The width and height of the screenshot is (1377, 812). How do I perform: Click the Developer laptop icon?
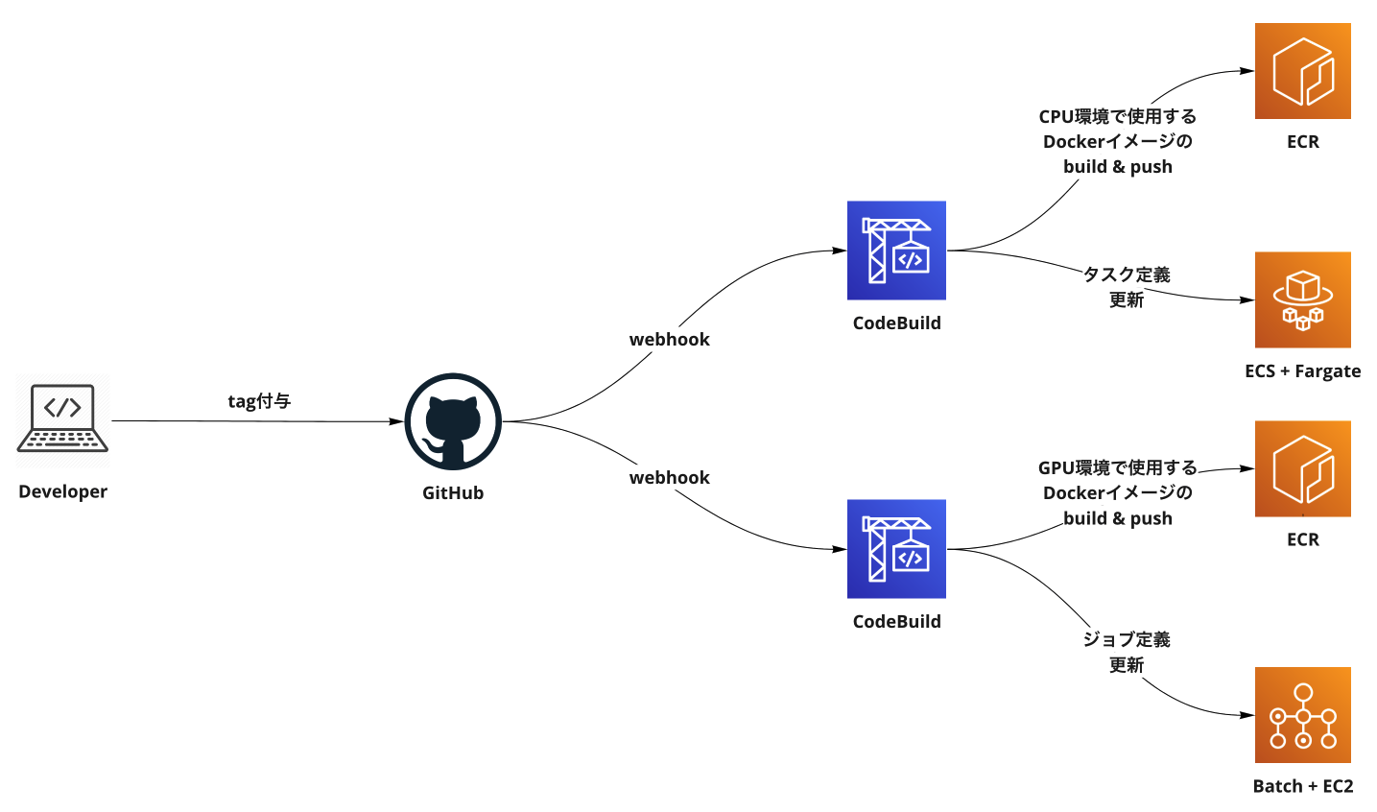[x=62, y=418]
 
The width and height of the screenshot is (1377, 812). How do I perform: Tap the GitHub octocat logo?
[x=453, y=421]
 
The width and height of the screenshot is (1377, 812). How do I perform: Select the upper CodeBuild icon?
[x=896, y=251]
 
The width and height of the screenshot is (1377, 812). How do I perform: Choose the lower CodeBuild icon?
[x=896, y=549]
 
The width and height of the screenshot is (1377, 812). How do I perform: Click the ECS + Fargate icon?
[x=1302, y=300]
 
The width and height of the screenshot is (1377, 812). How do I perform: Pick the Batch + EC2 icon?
[x=1302, y=715]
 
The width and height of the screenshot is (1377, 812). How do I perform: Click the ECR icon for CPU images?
[x=1302, y=71]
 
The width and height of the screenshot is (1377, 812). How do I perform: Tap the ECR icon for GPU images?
[x=1302, y=468]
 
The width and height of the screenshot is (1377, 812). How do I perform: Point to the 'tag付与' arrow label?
[x=259, y=401]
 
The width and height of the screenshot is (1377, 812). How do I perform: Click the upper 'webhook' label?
[x=670, y=340]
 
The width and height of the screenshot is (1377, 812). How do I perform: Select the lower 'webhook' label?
[x=670, y=478]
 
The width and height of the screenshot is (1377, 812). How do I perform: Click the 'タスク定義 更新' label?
[x=1127, y=287]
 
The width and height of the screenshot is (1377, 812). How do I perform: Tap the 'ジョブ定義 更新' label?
[x=1127, y=652]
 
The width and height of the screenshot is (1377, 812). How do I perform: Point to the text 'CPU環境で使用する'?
[x=1118, y=116]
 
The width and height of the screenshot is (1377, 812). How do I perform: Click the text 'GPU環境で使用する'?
[x=1118, y=467]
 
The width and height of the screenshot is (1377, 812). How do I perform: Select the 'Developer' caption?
[x=62, y=491]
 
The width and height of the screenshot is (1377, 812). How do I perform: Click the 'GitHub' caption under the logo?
[x=453, y=493]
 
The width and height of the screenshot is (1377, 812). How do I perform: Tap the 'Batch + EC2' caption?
[x=1303, y=786]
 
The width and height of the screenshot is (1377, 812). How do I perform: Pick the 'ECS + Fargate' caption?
[x=1302, y=371]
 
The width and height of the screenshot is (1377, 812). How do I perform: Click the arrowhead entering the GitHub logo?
[x=397, y=421]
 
